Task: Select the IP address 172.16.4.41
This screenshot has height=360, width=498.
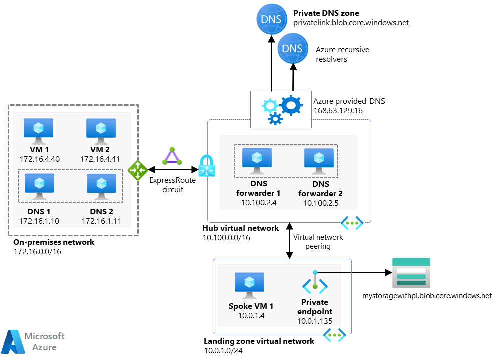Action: click(100, 159)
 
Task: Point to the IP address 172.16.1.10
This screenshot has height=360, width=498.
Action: click(39, 221)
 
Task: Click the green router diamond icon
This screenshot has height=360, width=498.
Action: click(137, 170)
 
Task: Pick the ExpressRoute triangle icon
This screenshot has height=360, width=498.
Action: click(172, 156)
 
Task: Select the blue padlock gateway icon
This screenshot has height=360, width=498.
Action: click(207, 166)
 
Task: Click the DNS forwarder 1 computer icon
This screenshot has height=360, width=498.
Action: click(257, 161)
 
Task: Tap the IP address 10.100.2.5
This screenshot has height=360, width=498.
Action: click(321, 203)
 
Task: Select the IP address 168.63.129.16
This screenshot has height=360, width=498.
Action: click(338, 110)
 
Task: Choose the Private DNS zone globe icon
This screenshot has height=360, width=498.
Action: click(272, 19)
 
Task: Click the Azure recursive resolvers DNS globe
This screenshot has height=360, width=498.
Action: click(293, 49)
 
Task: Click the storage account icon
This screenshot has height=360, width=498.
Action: click(411, 273)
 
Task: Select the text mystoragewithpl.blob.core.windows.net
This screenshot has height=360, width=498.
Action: click(427, 296)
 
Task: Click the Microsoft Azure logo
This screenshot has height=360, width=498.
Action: click(33, 341)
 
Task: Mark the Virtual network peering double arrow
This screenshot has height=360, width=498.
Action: click(289, 241)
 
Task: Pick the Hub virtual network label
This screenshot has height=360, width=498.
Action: click(240, 228)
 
